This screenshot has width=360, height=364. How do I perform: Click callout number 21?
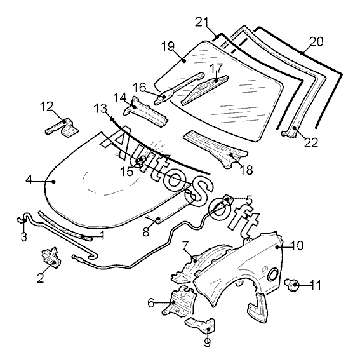click(x=202, y=22)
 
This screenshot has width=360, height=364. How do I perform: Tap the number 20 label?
click(x=316, y=42)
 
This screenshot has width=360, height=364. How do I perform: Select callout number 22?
click(x=311, y=142)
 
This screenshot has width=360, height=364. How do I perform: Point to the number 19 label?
click(x=168, y=46)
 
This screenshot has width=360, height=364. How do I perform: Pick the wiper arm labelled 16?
click(x=178, y=89)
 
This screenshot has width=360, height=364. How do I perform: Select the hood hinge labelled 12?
click(x=62, y=127)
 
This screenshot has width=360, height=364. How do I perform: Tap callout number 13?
click(x=100, y=109)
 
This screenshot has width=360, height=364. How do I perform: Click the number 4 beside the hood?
click(x=29, y=180)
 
